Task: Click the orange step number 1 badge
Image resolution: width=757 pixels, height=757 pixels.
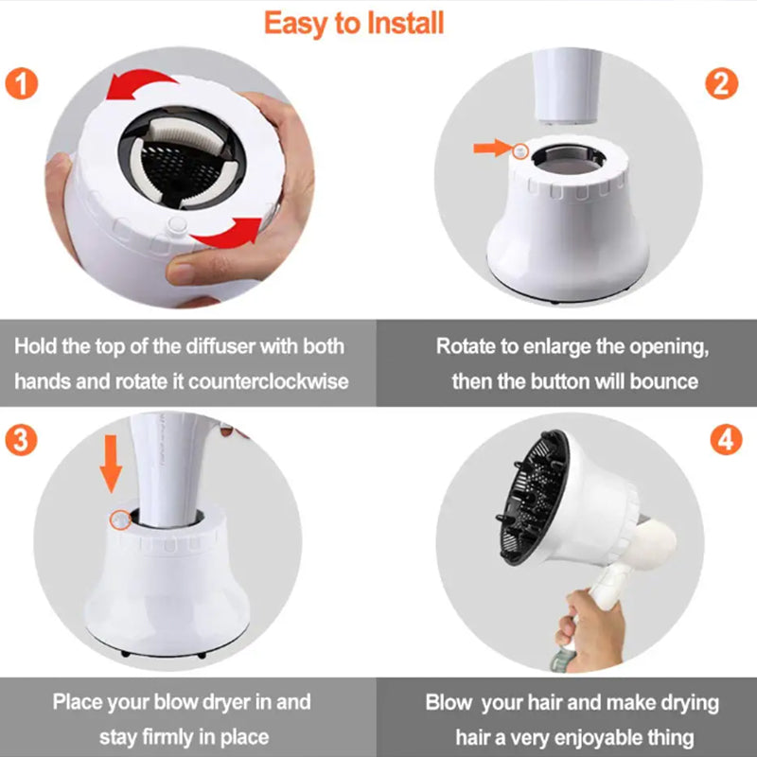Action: click(x=21, y=83)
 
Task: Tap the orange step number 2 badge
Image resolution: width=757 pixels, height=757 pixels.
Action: click(x=721, y=83)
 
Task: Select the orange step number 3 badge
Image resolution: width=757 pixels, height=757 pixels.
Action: click(x=21, y=440)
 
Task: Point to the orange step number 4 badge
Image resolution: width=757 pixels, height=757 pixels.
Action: click(x=726, y=440)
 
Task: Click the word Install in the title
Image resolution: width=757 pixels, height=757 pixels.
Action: click(x=405, y=23)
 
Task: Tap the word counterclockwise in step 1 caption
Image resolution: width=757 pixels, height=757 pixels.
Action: click(x=268, y=381)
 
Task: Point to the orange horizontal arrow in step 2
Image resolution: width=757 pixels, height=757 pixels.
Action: click(x=492, y=148)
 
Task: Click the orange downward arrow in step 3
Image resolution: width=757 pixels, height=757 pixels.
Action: click(x=111, y=464)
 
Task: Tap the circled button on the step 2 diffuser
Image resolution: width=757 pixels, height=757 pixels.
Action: click(x=520, y=152)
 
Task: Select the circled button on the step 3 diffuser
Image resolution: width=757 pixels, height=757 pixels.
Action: click(x=120, y=519)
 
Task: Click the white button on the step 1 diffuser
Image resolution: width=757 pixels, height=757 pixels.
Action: click(x=177, y=225)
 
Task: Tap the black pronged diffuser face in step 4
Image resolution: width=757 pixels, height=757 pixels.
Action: click(x=534, y=498)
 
